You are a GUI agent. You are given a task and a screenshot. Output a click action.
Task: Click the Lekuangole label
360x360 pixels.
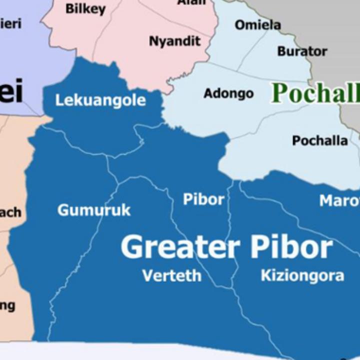[100, 100]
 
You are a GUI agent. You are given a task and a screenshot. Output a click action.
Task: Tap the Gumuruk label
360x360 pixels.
[94, 210]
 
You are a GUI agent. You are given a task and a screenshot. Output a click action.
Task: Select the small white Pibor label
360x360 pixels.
[203, 199]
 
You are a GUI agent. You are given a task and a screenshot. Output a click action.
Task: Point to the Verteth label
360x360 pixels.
[172, 275]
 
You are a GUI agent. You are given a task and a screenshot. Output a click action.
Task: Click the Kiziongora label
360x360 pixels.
[302, 275]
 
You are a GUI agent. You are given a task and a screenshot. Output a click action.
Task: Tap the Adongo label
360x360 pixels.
[228, 93]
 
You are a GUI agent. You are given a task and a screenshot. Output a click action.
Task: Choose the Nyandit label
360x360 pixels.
[174, 41]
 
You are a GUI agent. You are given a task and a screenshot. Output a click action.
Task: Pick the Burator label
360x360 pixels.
[302, 51]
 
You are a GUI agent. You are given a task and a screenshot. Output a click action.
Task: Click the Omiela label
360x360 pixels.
[257, 24]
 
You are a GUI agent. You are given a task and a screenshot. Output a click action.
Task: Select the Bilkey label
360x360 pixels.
[85, 8]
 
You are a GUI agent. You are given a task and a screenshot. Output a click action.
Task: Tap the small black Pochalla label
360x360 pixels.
[320, 140]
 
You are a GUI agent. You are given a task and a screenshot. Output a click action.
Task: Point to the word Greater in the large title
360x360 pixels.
[180, 247]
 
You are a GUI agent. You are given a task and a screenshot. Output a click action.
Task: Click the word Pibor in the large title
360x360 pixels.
[291, 247]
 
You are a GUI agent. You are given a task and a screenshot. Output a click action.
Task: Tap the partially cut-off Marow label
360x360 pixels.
[339, 200]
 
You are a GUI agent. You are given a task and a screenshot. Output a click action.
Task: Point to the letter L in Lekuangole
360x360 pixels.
[58, 100]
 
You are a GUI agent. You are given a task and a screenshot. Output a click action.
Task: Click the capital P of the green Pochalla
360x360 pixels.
[279, 93]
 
